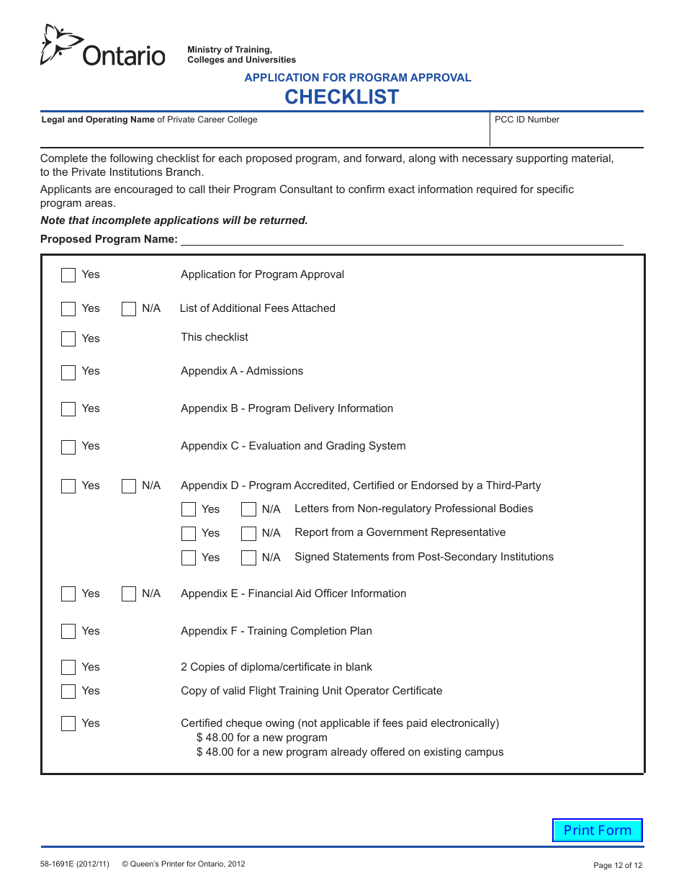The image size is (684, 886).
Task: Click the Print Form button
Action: pos(597,830)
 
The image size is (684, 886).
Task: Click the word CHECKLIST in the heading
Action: pos(341,97)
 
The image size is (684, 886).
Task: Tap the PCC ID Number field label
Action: pos(527,120)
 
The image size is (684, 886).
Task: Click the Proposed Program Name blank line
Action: pos(401,240)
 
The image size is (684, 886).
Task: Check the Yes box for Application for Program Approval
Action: pos(68,275)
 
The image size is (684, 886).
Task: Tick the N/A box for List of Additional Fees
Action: pos(129,309)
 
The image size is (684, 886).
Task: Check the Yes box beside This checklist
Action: pos(68,339)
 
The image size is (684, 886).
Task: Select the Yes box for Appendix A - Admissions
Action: pos(68,372)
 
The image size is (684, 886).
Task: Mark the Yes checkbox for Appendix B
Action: pos(68,409)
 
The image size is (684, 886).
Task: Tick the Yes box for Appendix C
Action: pos(68,447)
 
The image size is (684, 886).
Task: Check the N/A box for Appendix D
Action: pos(129,486)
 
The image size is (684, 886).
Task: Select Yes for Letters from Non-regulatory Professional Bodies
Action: pos(189,509)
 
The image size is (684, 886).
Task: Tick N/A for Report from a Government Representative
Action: pos(248,534)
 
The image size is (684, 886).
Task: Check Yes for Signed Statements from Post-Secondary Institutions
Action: pos(189,558)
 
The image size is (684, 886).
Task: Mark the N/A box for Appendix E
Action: pos(129,594)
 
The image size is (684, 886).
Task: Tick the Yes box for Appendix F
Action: pos(68,632)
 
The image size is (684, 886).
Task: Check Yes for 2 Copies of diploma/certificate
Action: pos(68,668)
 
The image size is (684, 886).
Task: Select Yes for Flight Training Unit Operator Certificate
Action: pos(68,692)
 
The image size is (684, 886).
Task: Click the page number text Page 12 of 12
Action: pos(617,865)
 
